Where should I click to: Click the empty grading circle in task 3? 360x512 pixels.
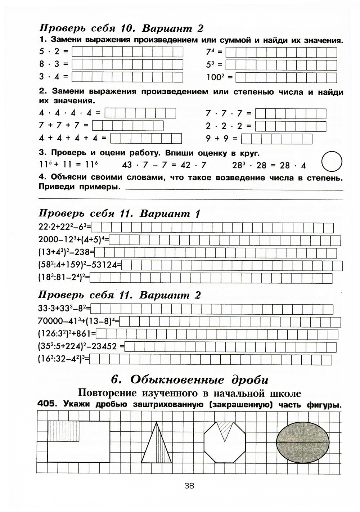click(x=332, y=162)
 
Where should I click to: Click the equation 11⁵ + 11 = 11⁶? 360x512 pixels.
click(x=68, y=165)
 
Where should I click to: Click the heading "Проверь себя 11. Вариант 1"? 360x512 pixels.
click(x=119, y=214)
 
